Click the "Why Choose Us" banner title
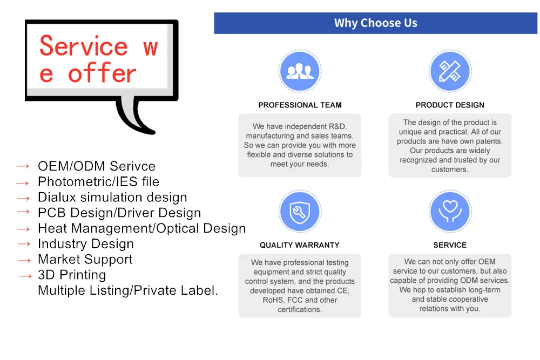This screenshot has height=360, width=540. [375, 23]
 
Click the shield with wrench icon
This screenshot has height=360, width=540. [299, 212]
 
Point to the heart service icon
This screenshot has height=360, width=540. [449, 212]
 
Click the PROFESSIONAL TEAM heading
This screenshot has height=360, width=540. [300, 105]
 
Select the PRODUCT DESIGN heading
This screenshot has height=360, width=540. [450, 105]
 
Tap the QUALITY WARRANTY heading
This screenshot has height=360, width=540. [299, 245]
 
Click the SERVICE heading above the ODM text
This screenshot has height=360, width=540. [450, 245]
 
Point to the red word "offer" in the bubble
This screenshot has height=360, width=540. [103, 73]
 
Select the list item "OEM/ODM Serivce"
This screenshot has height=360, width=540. [96, 166]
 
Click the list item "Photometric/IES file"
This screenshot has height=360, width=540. [98, 182]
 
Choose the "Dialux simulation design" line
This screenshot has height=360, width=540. [112, 198]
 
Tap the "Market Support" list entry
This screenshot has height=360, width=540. [85, 260]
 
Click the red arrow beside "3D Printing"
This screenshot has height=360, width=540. [25, 276]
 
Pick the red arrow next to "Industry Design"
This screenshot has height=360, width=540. [24, 244]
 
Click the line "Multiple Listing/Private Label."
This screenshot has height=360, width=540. [128, 290]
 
